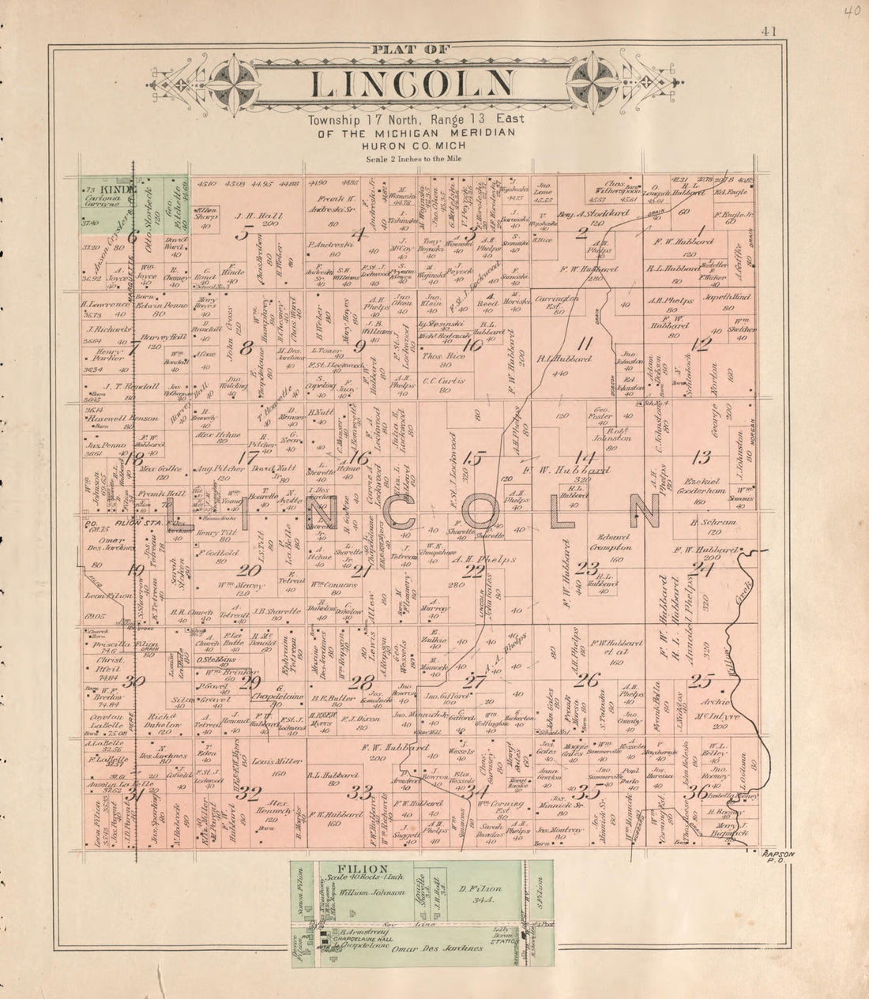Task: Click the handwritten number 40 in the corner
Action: [852, 11]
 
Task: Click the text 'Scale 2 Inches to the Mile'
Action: [414, 159]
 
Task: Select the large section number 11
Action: [585, 342]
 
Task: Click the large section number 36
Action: [696, 794]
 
